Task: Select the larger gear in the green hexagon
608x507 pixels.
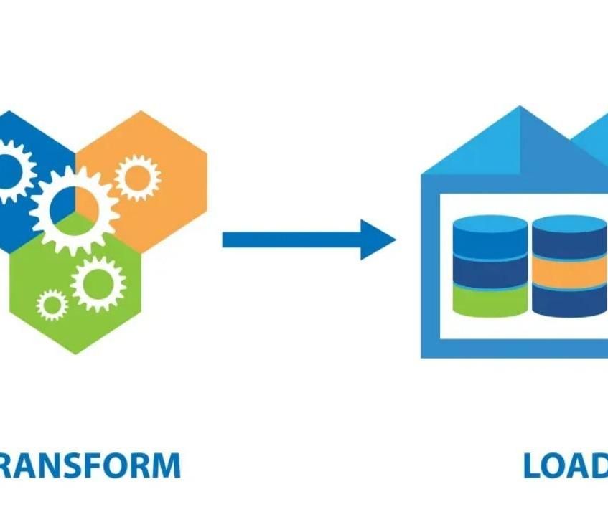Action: click(98, 283)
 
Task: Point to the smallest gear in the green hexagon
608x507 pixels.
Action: click(52, 305)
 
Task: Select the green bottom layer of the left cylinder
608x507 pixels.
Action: click(490, 301)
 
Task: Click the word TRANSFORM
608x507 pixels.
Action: click(90, 465)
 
